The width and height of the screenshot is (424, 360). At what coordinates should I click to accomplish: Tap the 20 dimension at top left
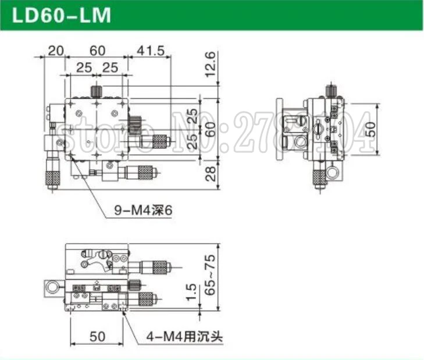(55, 51)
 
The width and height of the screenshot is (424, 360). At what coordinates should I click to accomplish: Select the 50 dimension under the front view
(98, 337)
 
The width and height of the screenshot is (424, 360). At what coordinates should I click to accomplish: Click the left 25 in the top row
(83, 67)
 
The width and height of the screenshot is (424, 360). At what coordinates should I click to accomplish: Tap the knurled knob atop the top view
(97, 92)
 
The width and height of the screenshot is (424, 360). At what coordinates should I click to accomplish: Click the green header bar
(212, 15)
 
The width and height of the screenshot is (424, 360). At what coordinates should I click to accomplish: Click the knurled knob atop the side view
(332, 91)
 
